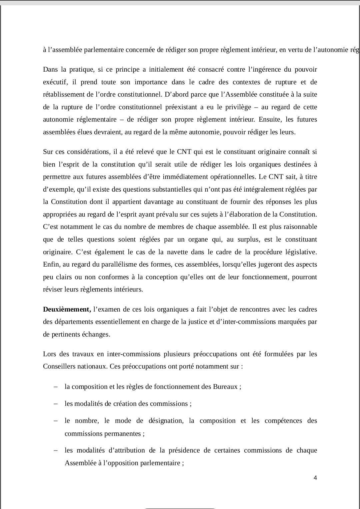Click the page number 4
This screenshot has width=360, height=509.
315,478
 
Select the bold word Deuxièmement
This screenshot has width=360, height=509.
67,309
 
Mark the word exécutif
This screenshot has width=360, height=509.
55,82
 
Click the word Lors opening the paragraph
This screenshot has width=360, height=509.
49,354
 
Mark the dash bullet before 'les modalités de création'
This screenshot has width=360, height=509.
56,404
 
